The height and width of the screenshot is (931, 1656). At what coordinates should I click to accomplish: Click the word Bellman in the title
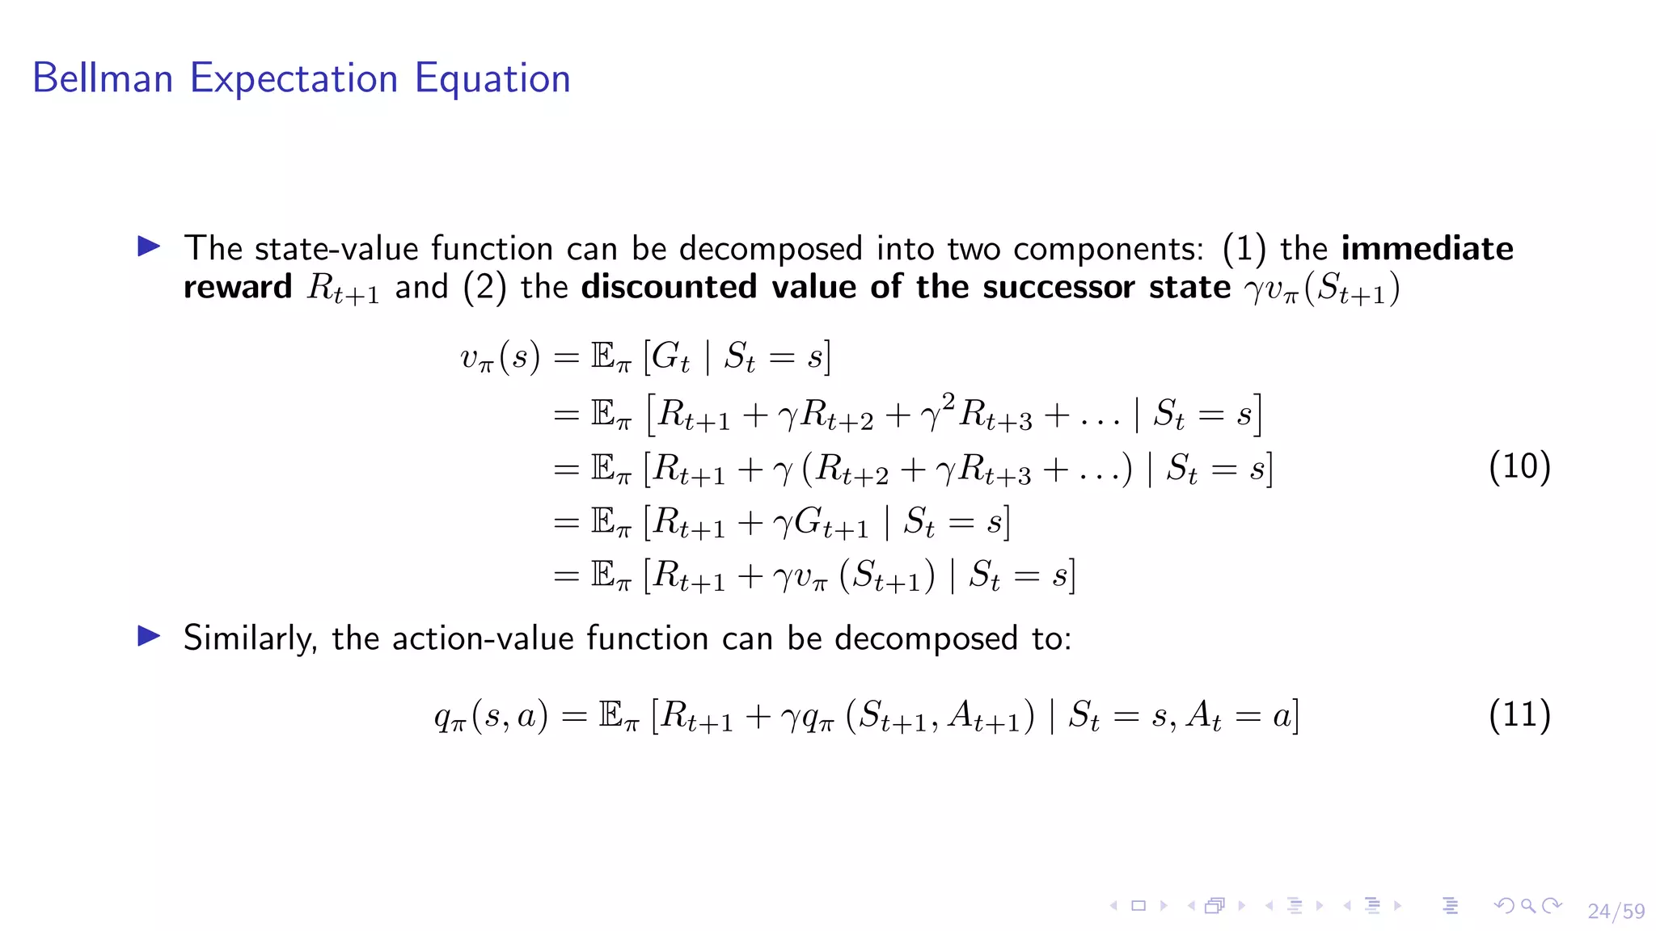(103, 78)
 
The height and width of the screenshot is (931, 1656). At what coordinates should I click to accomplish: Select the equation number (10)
(1519, 467)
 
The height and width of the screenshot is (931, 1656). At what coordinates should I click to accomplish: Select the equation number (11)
(1519, 714)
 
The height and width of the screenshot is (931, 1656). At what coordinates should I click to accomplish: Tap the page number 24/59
(1616, 911)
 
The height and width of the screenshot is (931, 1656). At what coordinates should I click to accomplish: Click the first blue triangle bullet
(149, 246)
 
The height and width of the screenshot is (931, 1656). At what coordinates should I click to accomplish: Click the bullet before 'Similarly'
(149, 636)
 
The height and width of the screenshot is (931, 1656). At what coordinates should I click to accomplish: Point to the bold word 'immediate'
(1427, 248)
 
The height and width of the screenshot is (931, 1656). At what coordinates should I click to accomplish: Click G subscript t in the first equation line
(670, 357)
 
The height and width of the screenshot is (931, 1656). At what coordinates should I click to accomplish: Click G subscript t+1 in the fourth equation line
(831, 522)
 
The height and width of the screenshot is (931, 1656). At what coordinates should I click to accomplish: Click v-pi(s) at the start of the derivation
(500, 357)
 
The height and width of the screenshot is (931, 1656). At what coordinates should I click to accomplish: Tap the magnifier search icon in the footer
(1527, 906)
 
